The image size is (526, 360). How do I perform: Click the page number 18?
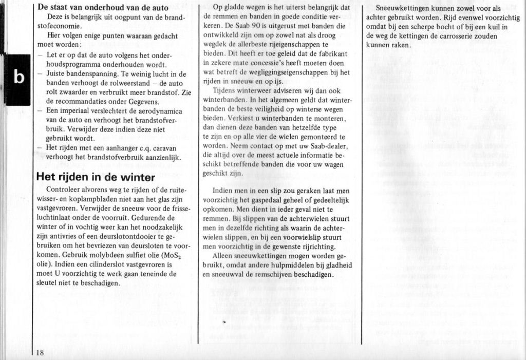click(40, 352)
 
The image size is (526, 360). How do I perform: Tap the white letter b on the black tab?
click(18, 77)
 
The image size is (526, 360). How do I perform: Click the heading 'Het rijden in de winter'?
click(96, 178)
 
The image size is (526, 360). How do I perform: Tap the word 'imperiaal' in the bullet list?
click(73, 111)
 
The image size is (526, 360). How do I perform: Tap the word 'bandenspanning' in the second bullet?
click(84, 74)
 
